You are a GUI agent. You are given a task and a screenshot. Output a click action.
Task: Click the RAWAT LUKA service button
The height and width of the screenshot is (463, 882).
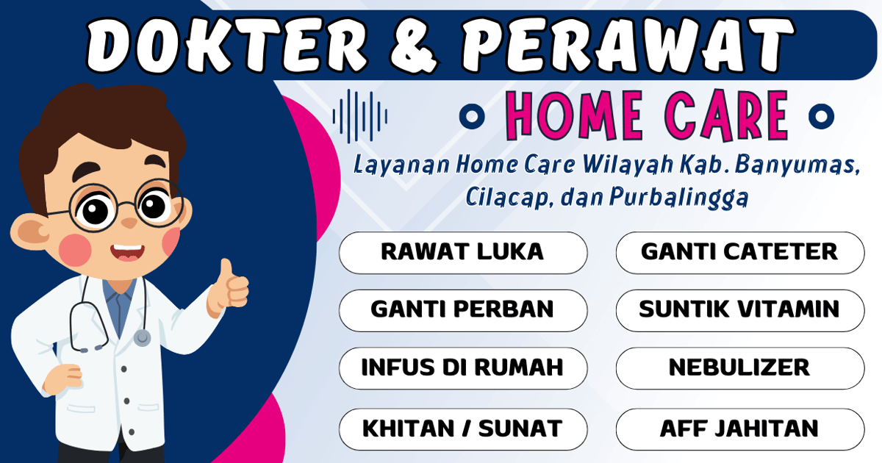462,252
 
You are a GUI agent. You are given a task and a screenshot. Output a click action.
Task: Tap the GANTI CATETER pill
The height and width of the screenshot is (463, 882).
739,252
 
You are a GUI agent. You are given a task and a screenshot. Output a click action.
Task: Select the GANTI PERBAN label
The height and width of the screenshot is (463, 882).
462,309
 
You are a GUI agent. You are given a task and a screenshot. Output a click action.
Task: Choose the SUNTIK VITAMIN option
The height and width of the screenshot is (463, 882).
739,309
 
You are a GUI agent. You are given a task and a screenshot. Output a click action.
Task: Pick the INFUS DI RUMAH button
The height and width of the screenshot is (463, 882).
462,367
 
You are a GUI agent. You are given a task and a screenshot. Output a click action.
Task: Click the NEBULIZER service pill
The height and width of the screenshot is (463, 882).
739,367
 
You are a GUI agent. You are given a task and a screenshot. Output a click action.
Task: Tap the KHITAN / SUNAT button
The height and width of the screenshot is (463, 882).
462,428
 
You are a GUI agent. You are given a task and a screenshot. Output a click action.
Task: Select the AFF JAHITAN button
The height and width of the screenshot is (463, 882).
739,428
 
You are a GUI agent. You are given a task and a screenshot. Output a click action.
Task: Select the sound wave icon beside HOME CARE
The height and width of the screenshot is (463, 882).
360,116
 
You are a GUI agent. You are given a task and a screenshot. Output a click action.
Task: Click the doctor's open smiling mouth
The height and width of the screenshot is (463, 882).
126,253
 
